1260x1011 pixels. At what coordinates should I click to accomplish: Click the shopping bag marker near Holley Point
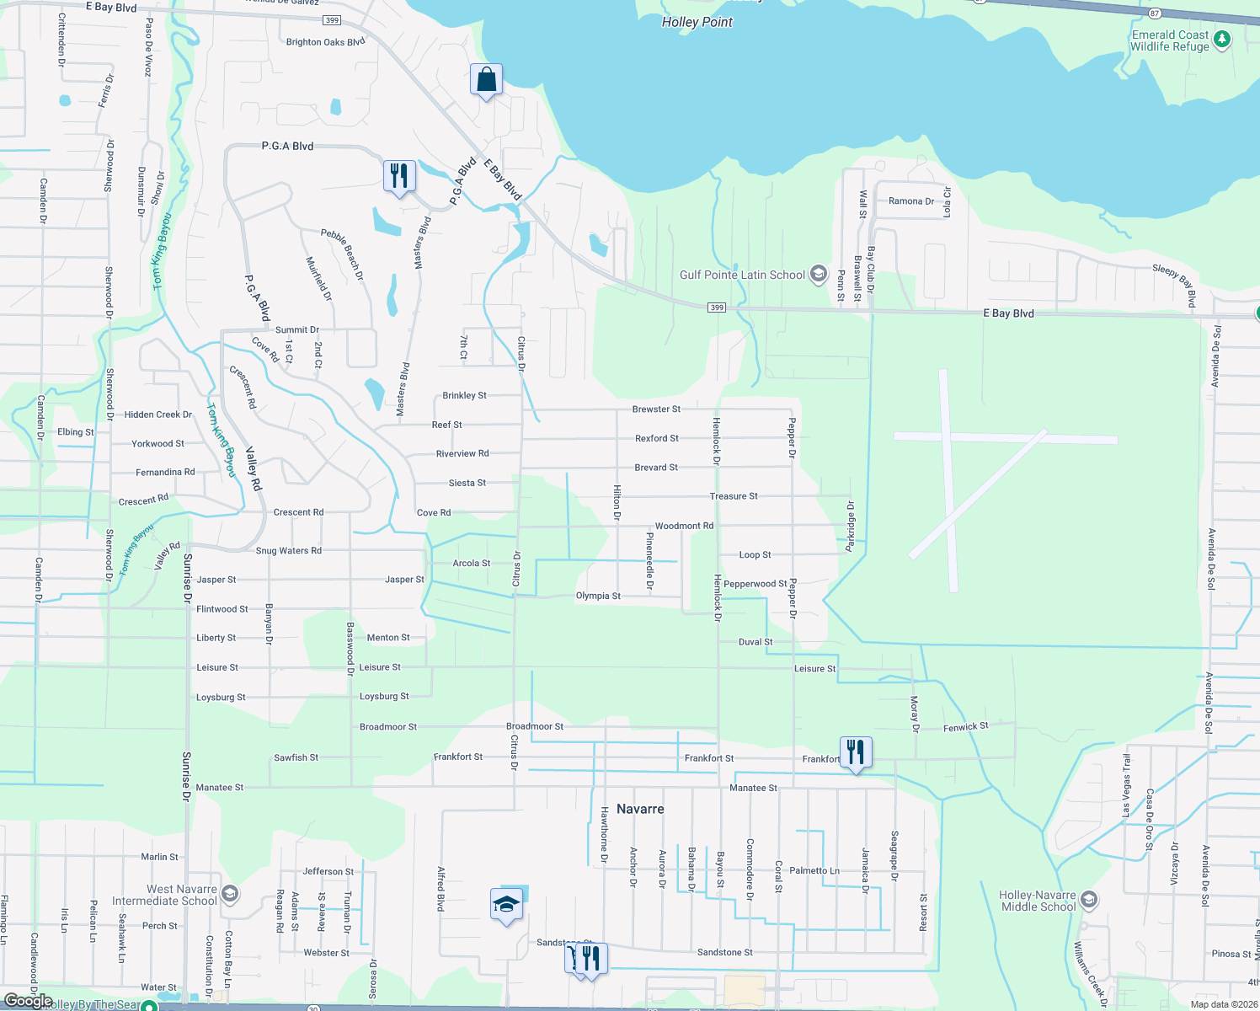point(486,80)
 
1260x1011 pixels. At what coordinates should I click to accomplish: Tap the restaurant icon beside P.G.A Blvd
point(399,176)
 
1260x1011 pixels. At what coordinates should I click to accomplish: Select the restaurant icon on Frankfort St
point(856,752)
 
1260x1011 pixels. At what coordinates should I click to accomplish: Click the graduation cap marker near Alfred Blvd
point(506,905)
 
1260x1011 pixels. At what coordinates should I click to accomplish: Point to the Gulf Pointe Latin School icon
point(818,274)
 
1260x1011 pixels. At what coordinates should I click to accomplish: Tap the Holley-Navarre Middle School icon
point(1089,900)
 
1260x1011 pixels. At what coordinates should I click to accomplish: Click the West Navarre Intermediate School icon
point(230,894)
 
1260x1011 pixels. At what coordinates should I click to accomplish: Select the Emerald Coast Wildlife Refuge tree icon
point(1222,39)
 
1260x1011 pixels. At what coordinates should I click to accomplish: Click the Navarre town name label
point(640,809)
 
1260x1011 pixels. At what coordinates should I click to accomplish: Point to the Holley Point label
point(697,22)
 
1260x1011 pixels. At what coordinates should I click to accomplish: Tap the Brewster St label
point(656,409)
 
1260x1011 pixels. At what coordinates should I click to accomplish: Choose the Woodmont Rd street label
point(684,526)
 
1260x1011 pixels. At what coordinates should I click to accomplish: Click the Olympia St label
point(598,596)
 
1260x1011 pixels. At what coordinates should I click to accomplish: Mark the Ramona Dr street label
point(911,201)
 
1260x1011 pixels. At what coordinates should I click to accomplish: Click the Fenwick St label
point(966,726)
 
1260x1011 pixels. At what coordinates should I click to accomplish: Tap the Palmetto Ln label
point(814,870)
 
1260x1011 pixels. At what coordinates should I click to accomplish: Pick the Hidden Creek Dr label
point(158,415)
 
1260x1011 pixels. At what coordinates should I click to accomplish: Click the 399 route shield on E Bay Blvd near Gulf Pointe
point(716,308)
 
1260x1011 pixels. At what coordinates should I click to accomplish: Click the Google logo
point(28,1001)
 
